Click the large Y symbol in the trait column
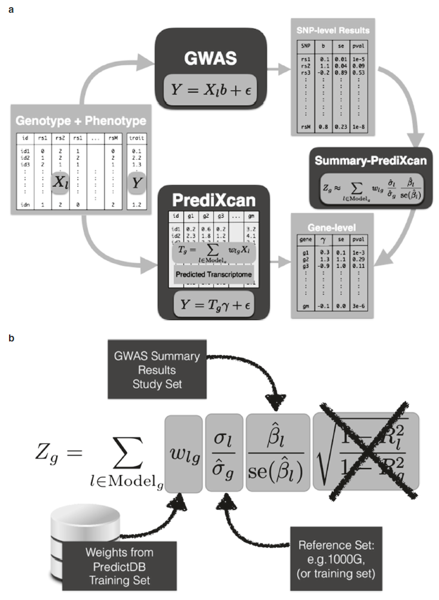click(x=136, y=184)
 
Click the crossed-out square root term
click(x=366, y=446)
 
